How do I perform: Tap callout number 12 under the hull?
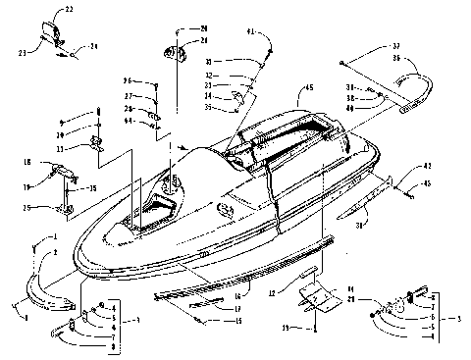[271, 293]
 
